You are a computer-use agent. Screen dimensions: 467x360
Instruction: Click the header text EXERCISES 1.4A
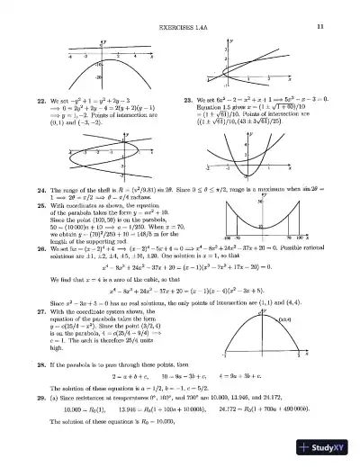[x=181, y=9]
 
